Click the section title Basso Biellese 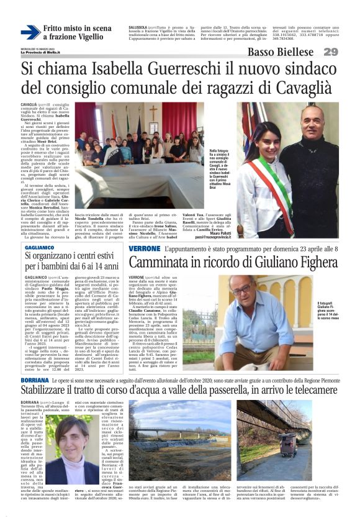tap(282, 52)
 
